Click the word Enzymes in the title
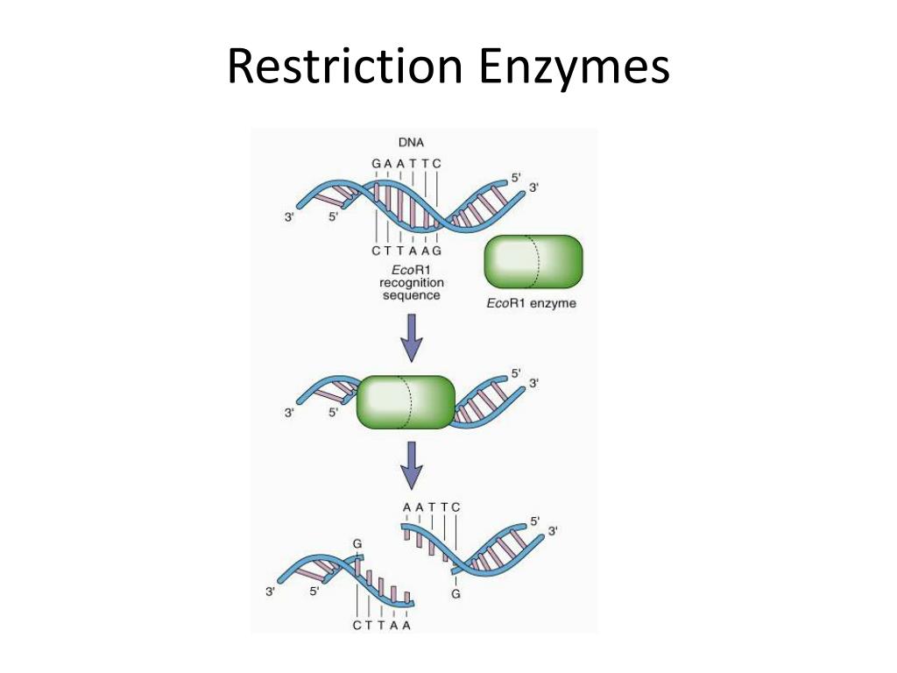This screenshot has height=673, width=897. click(574, 67)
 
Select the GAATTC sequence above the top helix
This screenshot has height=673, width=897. click(406, 164)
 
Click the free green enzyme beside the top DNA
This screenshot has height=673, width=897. click(533, 261)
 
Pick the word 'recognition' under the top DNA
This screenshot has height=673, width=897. click(411, 282)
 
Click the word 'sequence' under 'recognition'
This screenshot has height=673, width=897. click(411, 295)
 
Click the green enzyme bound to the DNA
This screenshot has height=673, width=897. click(406, 402)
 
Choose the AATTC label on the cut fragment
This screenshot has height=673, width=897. click(431, 507)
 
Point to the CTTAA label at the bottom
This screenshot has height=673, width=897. click(382, 626)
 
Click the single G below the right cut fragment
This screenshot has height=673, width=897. click(456, 593)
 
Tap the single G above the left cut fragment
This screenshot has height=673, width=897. click(357, 545)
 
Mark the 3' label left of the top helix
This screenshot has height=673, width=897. click(289, 217)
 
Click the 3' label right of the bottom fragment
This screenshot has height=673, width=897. click(553, 531)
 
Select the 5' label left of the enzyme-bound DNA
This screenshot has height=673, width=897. click(334, 413)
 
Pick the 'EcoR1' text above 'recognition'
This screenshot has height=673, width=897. click(411, 269)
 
